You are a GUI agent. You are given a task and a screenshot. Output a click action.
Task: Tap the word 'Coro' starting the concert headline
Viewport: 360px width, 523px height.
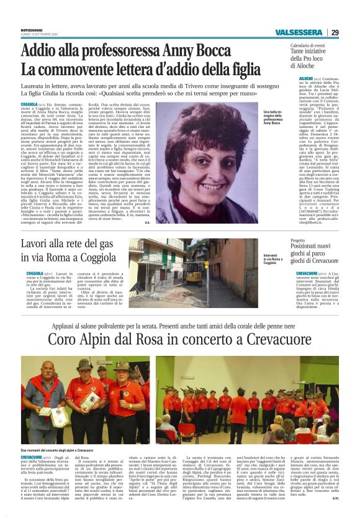(x=65, y=339)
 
